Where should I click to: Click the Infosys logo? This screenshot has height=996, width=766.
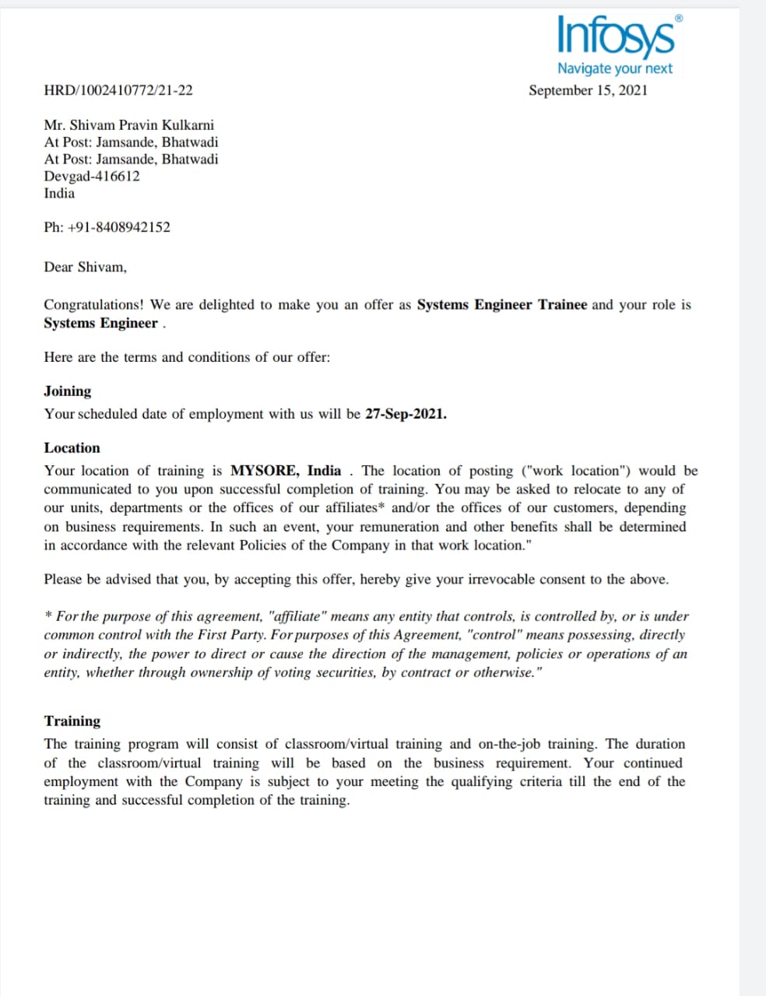[616, 36]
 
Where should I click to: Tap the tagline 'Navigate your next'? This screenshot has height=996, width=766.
[614, 68]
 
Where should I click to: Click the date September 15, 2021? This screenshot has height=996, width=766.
[588, 90]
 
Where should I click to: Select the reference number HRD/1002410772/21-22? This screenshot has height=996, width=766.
[118, 90]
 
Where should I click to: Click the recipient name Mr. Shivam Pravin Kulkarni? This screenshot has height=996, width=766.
[128, 125]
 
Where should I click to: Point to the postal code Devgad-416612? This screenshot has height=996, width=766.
[92, 176]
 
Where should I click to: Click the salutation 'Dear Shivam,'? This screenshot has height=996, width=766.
[85, 268]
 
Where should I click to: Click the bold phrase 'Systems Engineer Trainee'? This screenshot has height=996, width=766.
[501, 305]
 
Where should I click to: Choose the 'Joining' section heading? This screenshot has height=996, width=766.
[67, 391]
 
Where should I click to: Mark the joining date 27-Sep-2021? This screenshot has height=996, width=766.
[406, 414]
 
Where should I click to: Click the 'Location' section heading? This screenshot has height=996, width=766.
[72, 448]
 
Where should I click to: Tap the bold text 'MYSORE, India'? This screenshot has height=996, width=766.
[286, 471]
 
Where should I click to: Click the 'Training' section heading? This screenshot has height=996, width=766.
[72, 721]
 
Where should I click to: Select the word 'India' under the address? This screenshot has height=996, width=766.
[59, 193]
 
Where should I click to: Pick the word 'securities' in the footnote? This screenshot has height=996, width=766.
[342, 672]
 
